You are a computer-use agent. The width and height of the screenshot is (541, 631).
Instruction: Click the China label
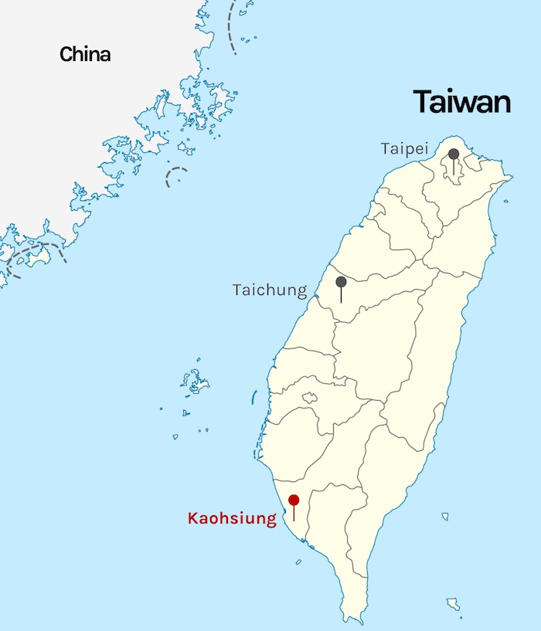click(x=85, y=54)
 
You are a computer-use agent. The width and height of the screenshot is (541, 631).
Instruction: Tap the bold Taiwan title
click(x=461, y=102)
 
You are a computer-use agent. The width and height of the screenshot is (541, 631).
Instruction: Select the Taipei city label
click(x=403, y=148)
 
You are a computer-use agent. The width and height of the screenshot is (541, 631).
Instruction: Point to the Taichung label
click(x=270, y=290)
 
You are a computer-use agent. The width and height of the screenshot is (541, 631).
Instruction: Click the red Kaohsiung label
click(x=232, y=518)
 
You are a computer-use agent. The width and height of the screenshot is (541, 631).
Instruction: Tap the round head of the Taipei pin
click(x=454, y=154)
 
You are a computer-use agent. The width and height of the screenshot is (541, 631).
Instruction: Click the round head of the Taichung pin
click(x=341, y=281)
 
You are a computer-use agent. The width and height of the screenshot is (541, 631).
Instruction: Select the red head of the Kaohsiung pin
click(x=294, y=500)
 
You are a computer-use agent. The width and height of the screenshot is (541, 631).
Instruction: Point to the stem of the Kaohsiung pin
click(x=294, y=514)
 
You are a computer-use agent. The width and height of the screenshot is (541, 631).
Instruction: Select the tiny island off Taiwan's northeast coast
click(x=505, y=202)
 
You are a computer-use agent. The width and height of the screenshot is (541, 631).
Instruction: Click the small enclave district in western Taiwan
click(x=309, y=398)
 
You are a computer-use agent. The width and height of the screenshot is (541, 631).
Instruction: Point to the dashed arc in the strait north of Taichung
click(x=176, y=176)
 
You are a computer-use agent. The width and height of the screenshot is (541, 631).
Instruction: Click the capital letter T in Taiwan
click(x=424, y=103)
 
